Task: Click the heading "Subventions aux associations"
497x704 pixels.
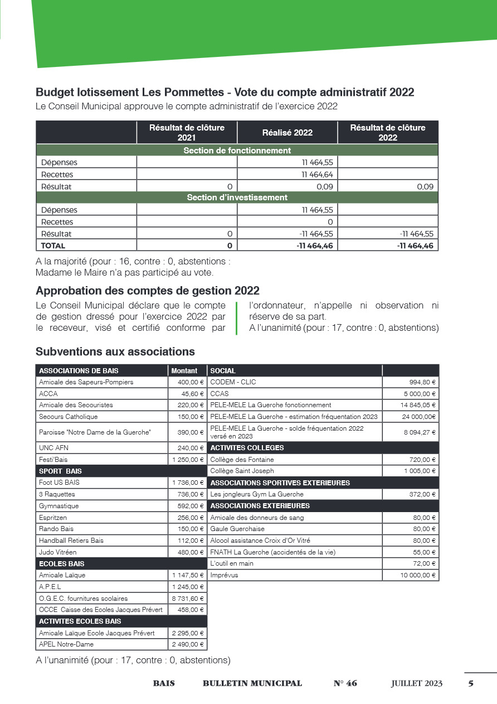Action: coord(115,352)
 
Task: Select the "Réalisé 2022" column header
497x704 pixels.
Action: coord(288,133)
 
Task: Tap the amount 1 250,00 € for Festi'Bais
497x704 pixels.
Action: coord(188,460)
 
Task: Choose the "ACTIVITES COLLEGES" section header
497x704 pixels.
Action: coord(247,448)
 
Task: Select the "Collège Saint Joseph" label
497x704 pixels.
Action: coord(242,471)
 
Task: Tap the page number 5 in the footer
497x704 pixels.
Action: coord(471,683)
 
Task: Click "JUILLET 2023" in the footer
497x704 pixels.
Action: coord(417,683)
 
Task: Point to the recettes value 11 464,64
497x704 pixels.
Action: coord(318,175)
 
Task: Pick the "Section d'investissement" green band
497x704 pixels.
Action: coord(237,197)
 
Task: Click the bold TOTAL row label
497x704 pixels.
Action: coord(53,245)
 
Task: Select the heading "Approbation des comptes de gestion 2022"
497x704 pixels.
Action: coord(148,291)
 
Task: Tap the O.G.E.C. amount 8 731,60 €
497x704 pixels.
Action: coord(188,599)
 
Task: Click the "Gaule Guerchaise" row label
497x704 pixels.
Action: coord(237,529)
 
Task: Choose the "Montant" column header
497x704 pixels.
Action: coord(184,371)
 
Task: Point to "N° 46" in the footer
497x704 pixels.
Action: coord(345,683)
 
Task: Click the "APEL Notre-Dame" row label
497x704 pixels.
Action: coord(66,644)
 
